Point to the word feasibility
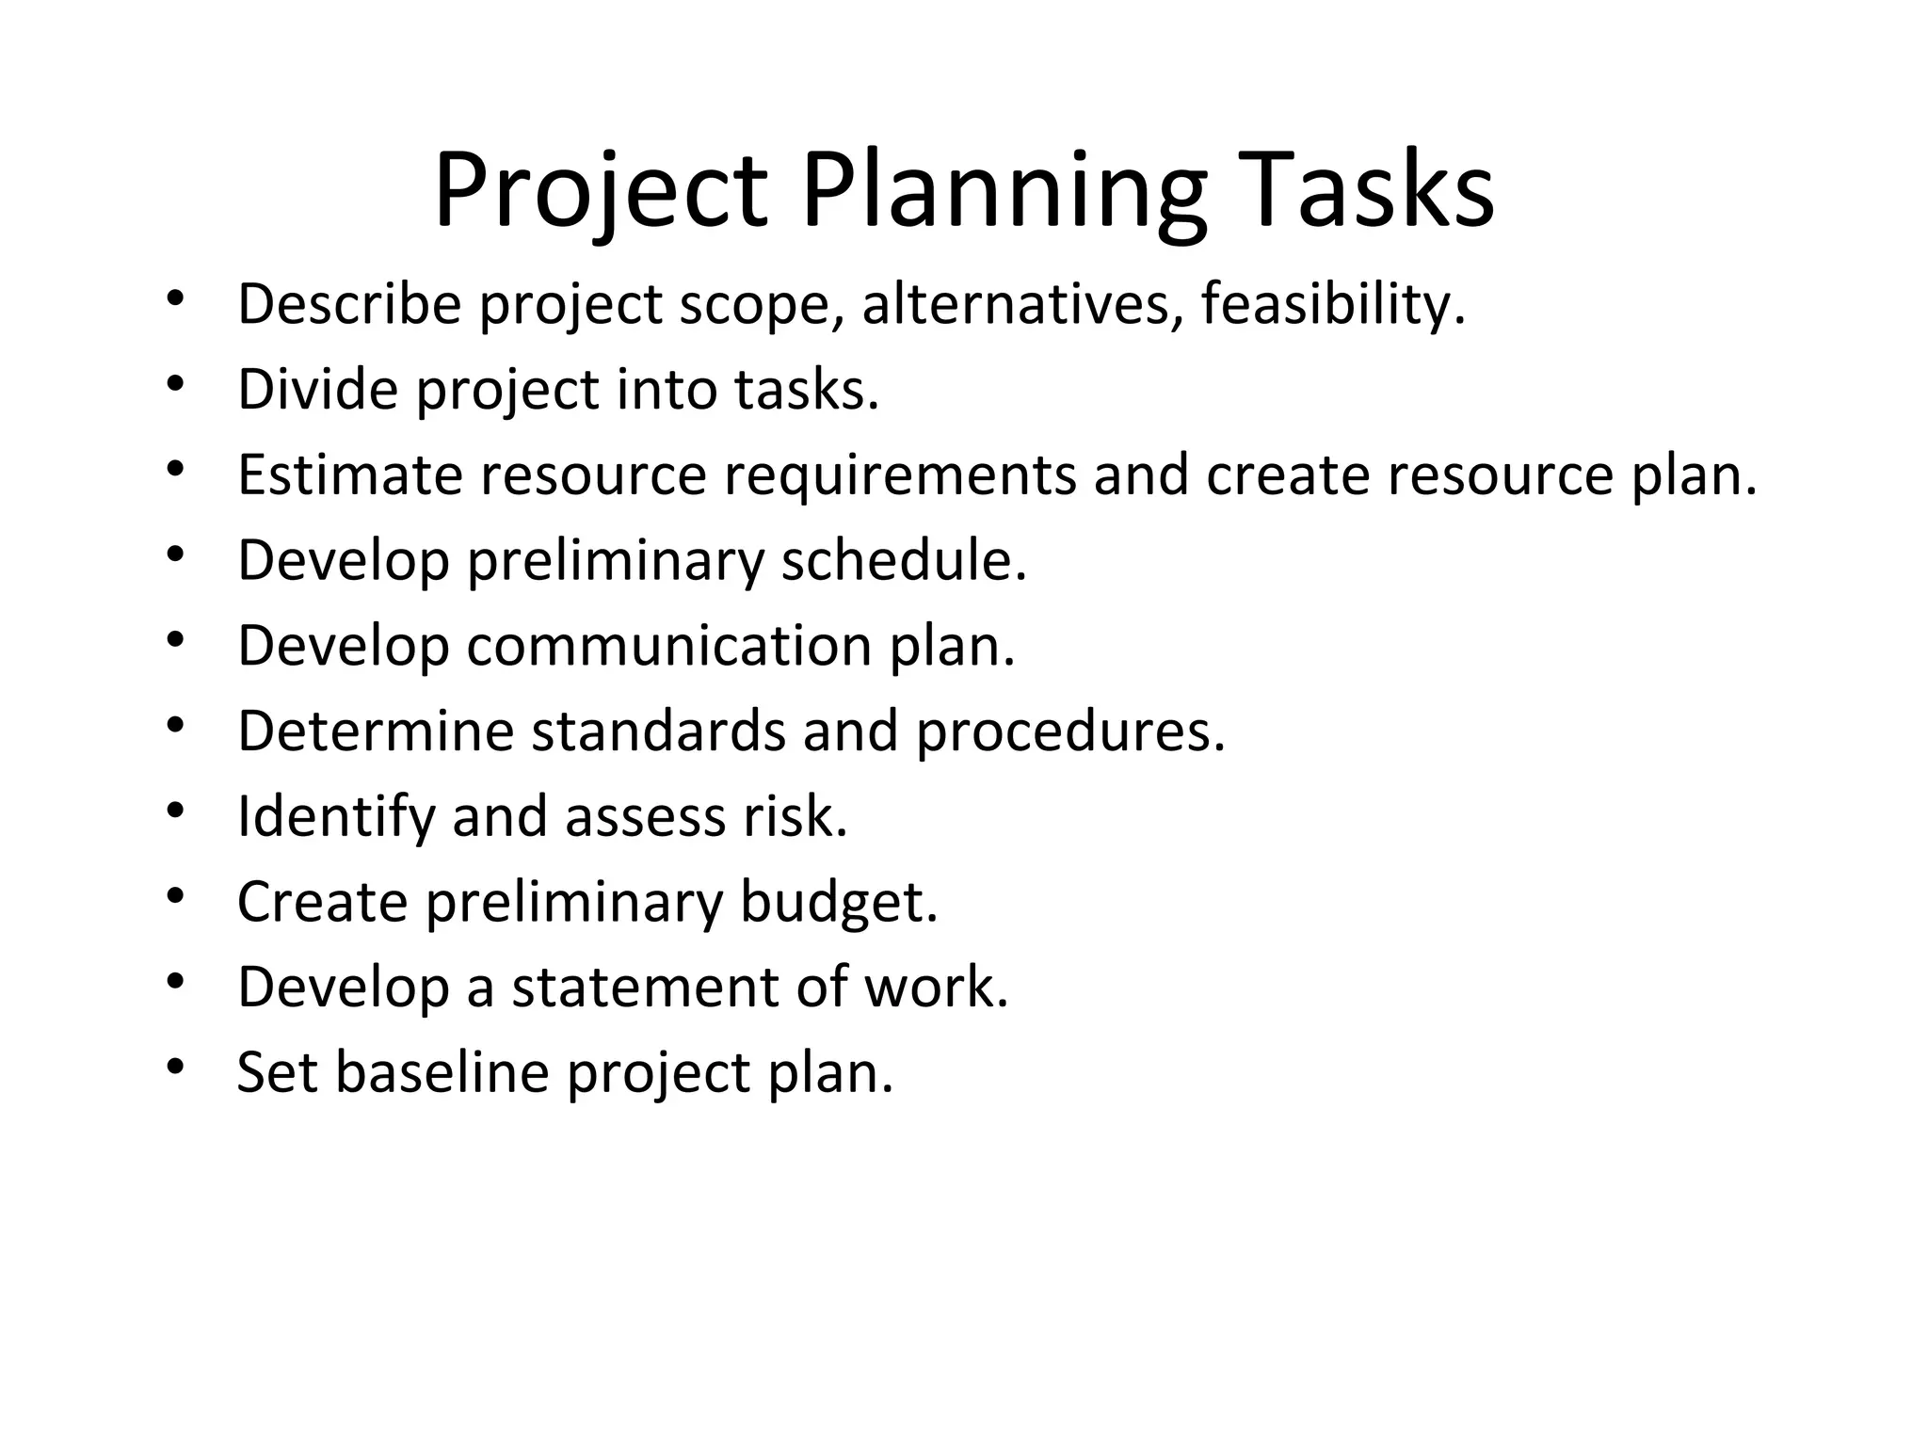click(x=1332, y=305)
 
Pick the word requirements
click(x=900, y=474)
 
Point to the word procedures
click(x=1070, y=732)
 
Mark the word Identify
click(x=336, y=816)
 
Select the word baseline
click(x=442, y=1072)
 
